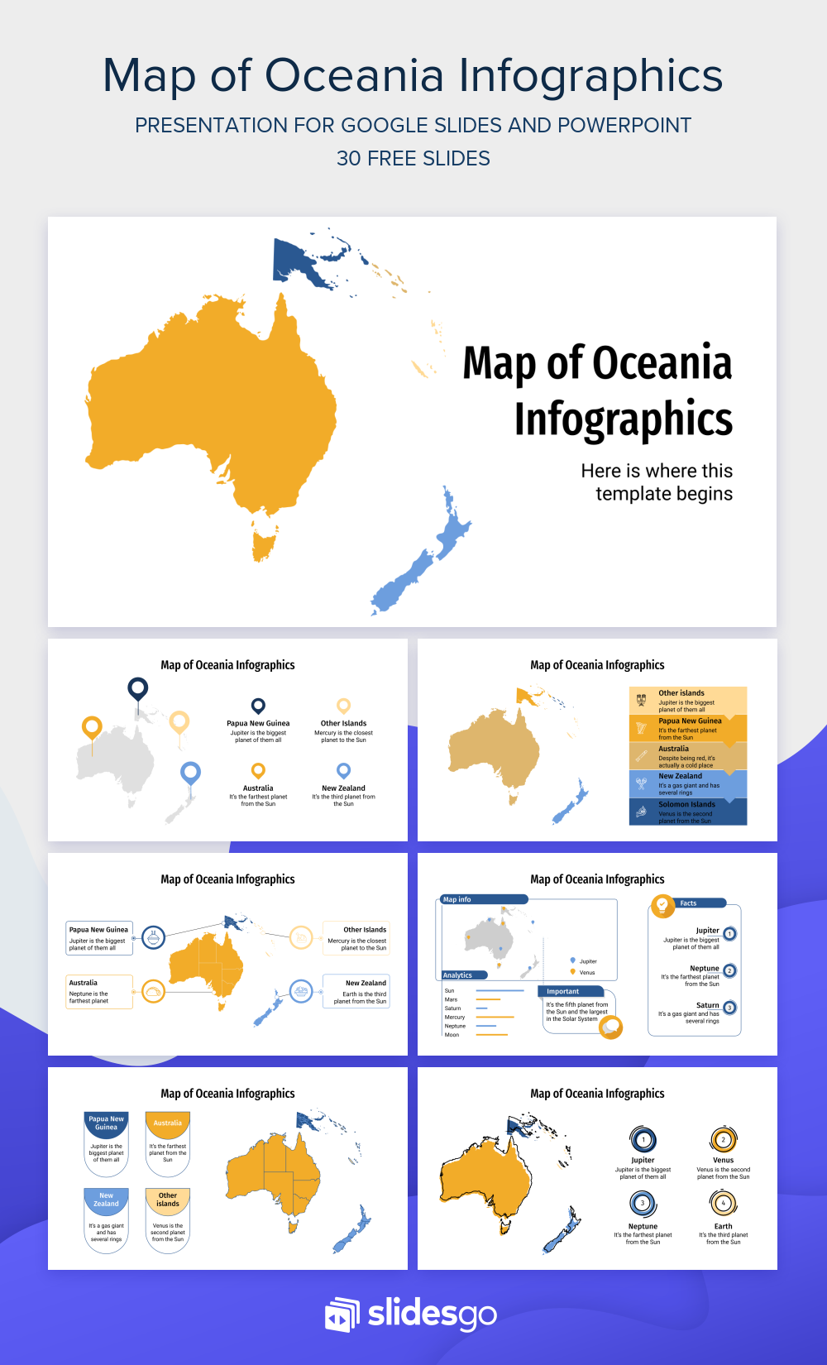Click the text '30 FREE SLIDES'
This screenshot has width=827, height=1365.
[x=413, y=158]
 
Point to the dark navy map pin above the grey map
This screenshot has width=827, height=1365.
[x=137, y=687]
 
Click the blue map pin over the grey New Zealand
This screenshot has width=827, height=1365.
[x=190, y=773]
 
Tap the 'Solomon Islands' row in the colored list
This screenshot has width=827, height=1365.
[x=687, y=811]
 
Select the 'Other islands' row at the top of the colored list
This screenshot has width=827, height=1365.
[x=687, y=700]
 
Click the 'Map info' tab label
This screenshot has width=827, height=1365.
[x=457, y=899]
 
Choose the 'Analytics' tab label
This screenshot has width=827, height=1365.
[x=457, y=975]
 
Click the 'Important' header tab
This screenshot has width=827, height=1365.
[x=563, y=991]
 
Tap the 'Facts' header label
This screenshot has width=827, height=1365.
[x=688, y=903]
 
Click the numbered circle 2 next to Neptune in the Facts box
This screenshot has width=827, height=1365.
[x=729, y=970]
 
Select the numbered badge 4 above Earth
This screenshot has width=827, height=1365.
[x=723, y=1203]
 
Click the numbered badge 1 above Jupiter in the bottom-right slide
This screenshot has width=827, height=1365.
[x=643, y=1140]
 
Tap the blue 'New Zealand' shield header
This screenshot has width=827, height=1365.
[x=107, y=1200]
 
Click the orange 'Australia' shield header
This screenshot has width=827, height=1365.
[x=168, y=1123]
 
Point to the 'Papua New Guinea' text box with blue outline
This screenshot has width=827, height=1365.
[x=99, y=938]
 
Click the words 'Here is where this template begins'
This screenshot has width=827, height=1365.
[x=657, y=482]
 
